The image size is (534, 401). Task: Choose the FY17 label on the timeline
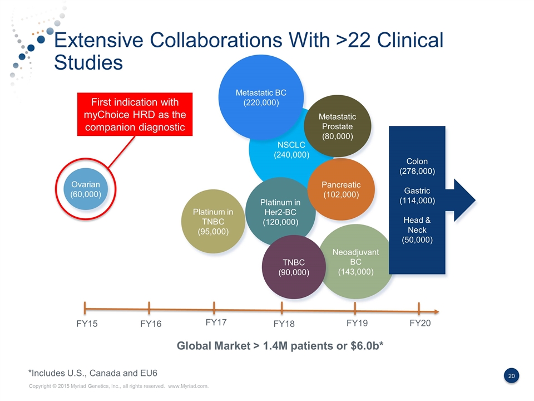(x=216, y=322)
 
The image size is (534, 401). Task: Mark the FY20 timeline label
(x=420, y=323)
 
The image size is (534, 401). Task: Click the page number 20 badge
(x=512, y=376)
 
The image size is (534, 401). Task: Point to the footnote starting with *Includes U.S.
(x=97, y=372)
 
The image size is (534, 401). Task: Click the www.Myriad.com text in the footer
(x=188, y=386)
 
